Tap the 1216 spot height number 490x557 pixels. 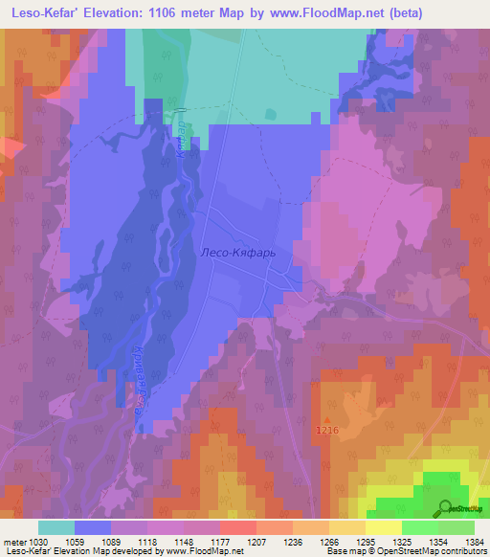tap(328, 432)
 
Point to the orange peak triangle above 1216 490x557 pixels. tap(328, 419)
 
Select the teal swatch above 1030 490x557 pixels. tap(56, 527)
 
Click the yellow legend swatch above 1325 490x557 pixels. tap(384, 527)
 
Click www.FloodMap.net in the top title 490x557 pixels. tap(323, 14)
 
